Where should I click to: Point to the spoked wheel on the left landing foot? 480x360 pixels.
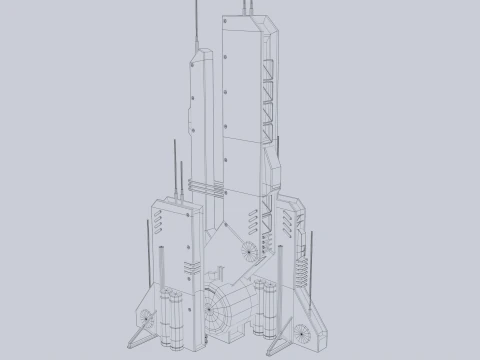pyautogui.click(x=146, y=320)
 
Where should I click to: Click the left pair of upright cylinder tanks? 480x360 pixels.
pyautogui.click(x=170, y=312)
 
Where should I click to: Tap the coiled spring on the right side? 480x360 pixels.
pyautogui.click(x=298, y=262)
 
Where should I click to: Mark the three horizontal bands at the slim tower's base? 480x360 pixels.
pyautogui.click(x=206, y=187)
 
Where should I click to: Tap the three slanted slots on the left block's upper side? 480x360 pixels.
pyautogui.click(x=161, y=219)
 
